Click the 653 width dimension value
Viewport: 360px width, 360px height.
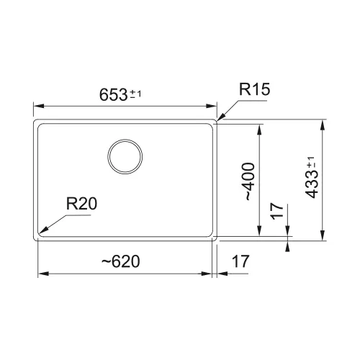tap(113, 94)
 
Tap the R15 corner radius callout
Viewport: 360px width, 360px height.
tap(254, 89)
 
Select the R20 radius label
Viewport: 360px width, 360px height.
tap(81, 204)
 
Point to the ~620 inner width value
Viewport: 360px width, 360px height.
tap(121, 261)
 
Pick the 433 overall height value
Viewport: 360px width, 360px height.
tap(312, 184)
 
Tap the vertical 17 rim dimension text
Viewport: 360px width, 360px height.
tap(277, 211)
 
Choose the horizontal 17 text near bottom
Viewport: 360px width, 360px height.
tap(240, 261)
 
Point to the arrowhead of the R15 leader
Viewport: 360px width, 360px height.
tap(220, 117)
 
